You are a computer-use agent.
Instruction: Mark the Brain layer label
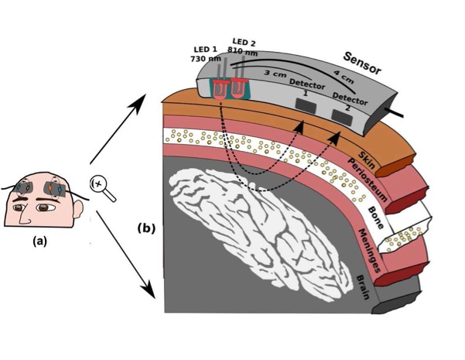(x=370, y=289)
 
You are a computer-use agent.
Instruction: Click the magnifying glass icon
(x=101, y=187)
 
